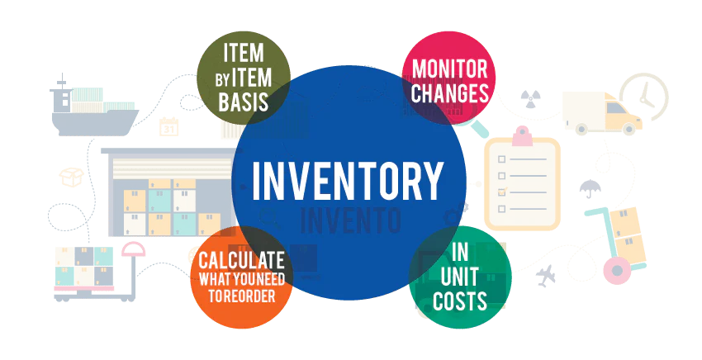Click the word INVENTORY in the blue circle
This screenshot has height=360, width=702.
348,181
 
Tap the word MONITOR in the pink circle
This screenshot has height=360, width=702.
449,69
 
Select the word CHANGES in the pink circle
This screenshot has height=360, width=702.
450,93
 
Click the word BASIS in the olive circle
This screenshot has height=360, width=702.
243,102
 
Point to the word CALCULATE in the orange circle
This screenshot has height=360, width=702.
242,261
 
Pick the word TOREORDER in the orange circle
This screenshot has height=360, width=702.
242,296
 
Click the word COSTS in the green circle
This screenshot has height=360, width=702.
460,301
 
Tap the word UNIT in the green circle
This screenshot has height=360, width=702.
459,277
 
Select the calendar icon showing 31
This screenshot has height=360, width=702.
168,126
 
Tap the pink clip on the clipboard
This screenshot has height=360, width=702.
522,136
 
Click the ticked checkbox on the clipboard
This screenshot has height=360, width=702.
502,192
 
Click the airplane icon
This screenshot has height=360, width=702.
546,276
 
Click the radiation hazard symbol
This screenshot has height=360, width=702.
530,99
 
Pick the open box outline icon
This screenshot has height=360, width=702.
72,177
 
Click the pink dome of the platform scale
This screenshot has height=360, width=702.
134,249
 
